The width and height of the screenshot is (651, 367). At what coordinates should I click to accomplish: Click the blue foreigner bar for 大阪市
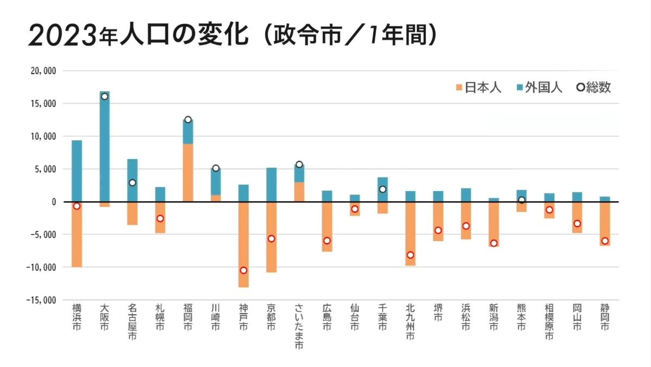click(x=104, y=147)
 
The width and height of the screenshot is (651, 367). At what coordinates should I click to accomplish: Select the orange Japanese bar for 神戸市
click(x=244, y=244)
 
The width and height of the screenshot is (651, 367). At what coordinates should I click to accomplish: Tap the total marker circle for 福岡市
click(x=188, y=119)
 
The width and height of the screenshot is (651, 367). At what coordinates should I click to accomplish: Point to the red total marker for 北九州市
click(x=410, y=255)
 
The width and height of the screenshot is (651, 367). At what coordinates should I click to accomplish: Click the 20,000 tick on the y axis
click(x=43, y=71)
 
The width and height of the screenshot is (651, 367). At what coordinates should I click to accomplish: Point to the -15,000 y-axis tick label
click(x=41, y=300)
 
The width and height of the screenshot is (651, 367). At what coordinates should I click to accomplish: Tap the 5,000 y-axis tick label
click(x=46, y=169)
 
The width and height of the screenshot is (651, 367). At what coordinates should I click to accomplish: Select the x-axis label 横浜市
click(x=76, y=318)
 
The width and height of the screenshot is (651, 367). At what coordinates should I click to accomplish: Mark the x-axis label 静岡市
click(x=605, y=318)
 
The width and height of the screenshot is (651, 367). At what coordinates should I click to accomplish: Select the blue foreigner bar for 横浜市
click(x=76, y=171)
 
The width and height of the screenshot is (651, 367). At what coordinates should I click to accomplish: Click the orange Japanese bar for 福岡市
click(x=188, y=173)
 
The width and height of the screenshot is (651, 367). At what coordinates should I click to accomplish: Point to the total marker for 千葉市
click(x=382, y=189)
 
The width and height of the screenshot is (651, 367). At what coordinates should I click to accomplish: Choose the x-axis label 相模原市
click(x=549, y=321)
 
